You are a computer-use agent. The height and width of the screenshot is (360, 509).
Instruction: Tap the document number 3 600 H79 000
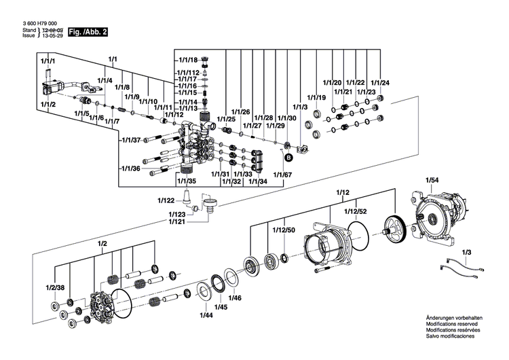click(30, 24)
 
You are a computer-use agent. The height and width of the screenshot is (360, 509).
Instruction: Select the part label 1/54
click(432, 179)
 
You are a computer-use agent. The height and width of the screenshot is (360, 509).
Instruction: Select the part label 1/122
click(166, 200)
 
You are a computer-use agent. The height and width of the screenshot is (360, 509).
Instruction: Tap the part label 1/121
click(178, 221)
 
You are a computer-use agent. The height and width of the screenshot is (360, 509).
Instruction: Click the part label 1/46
click(235, 298)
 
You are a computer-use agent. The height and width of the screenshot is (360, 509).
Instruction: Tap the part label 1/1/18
click(187, 60)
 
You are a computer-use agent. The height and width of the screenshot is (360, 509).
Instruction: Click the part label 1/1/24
click(380, 82)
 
